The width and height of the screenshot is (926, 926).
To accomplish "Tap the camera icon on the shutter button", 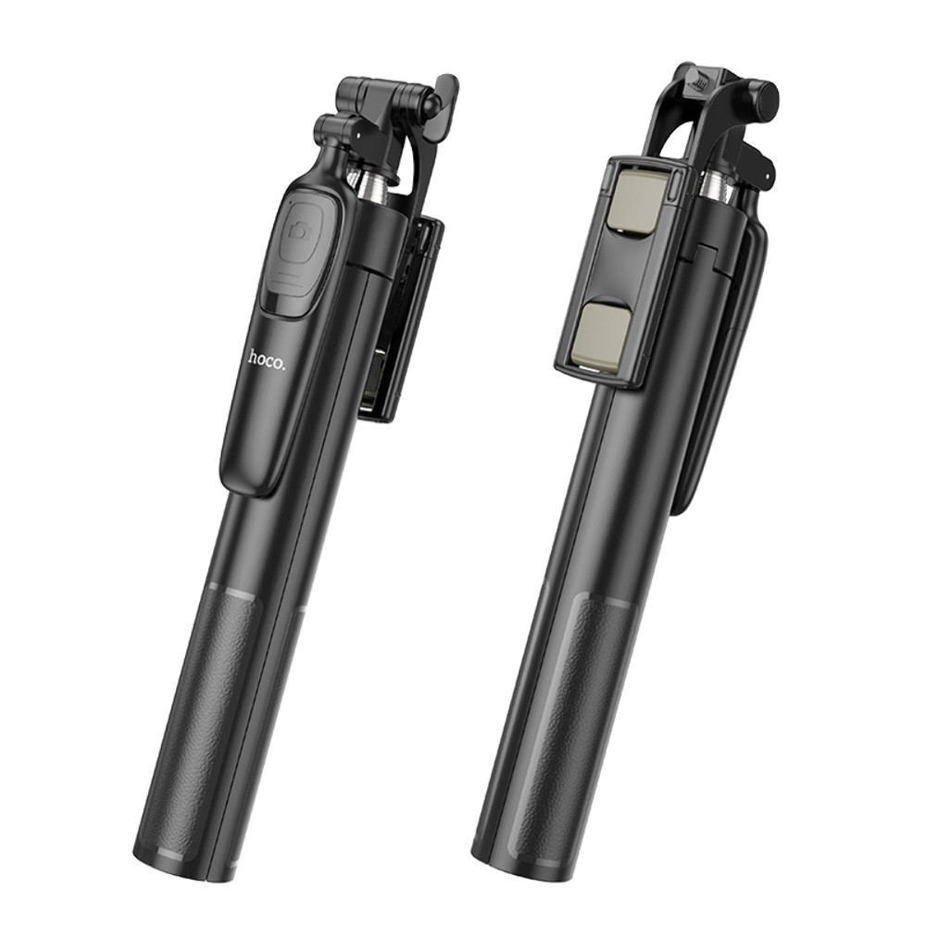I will [x=299, y=231].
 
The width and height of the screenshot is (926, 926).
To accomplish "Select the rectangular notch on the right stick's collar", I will [x=704, y=248].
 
